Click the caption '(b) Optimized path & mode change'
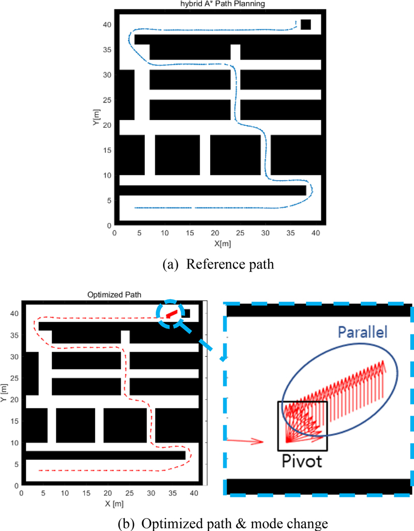pyautogui.click(x=218, y=523)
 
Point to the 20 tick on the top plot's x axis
pyautogui.click(x=215, y=233)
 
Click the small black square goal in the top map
pyautogui.click(x=306, y=24)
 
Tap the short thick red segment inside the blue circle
pyautogui.click(x=171, y=314)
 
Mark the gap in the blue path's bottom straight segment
pyautogui.click(x=193, y=208)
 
